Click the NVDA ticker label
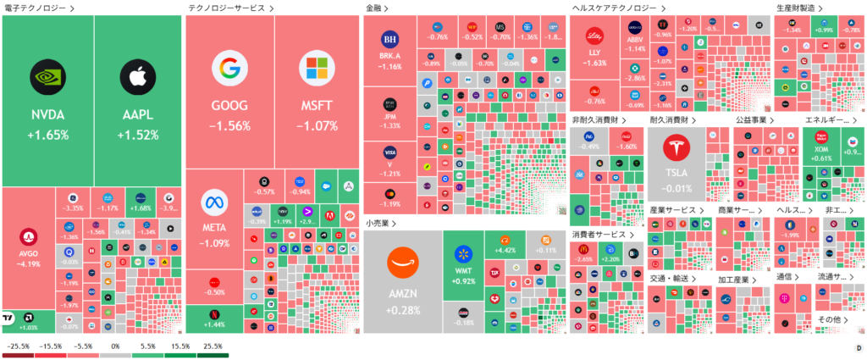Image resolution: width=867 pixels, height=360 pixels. [x=47, y=115]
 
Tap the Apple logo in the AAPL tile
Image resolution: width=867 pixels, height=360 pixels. [x=139, y=77]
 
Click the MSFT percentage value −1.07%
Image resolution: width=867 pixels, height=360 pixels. [x=318, y=126]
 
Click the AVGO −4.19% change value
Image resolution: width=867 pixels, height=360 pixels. [x=28, y=263]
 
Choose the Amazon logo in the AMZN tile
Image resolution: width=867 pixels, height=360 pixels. [x=402, y=263]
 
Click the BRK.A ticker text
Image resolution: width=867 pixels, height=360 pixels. [x=389, y=56]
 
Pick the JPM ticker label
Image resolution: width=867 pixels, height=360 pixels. [x=389, y=116]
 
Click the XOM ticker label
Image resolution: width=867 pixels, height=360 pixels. [x=820, y=148]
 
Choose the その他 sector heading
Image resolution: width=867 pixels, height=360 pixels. [x=828, y=318]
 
